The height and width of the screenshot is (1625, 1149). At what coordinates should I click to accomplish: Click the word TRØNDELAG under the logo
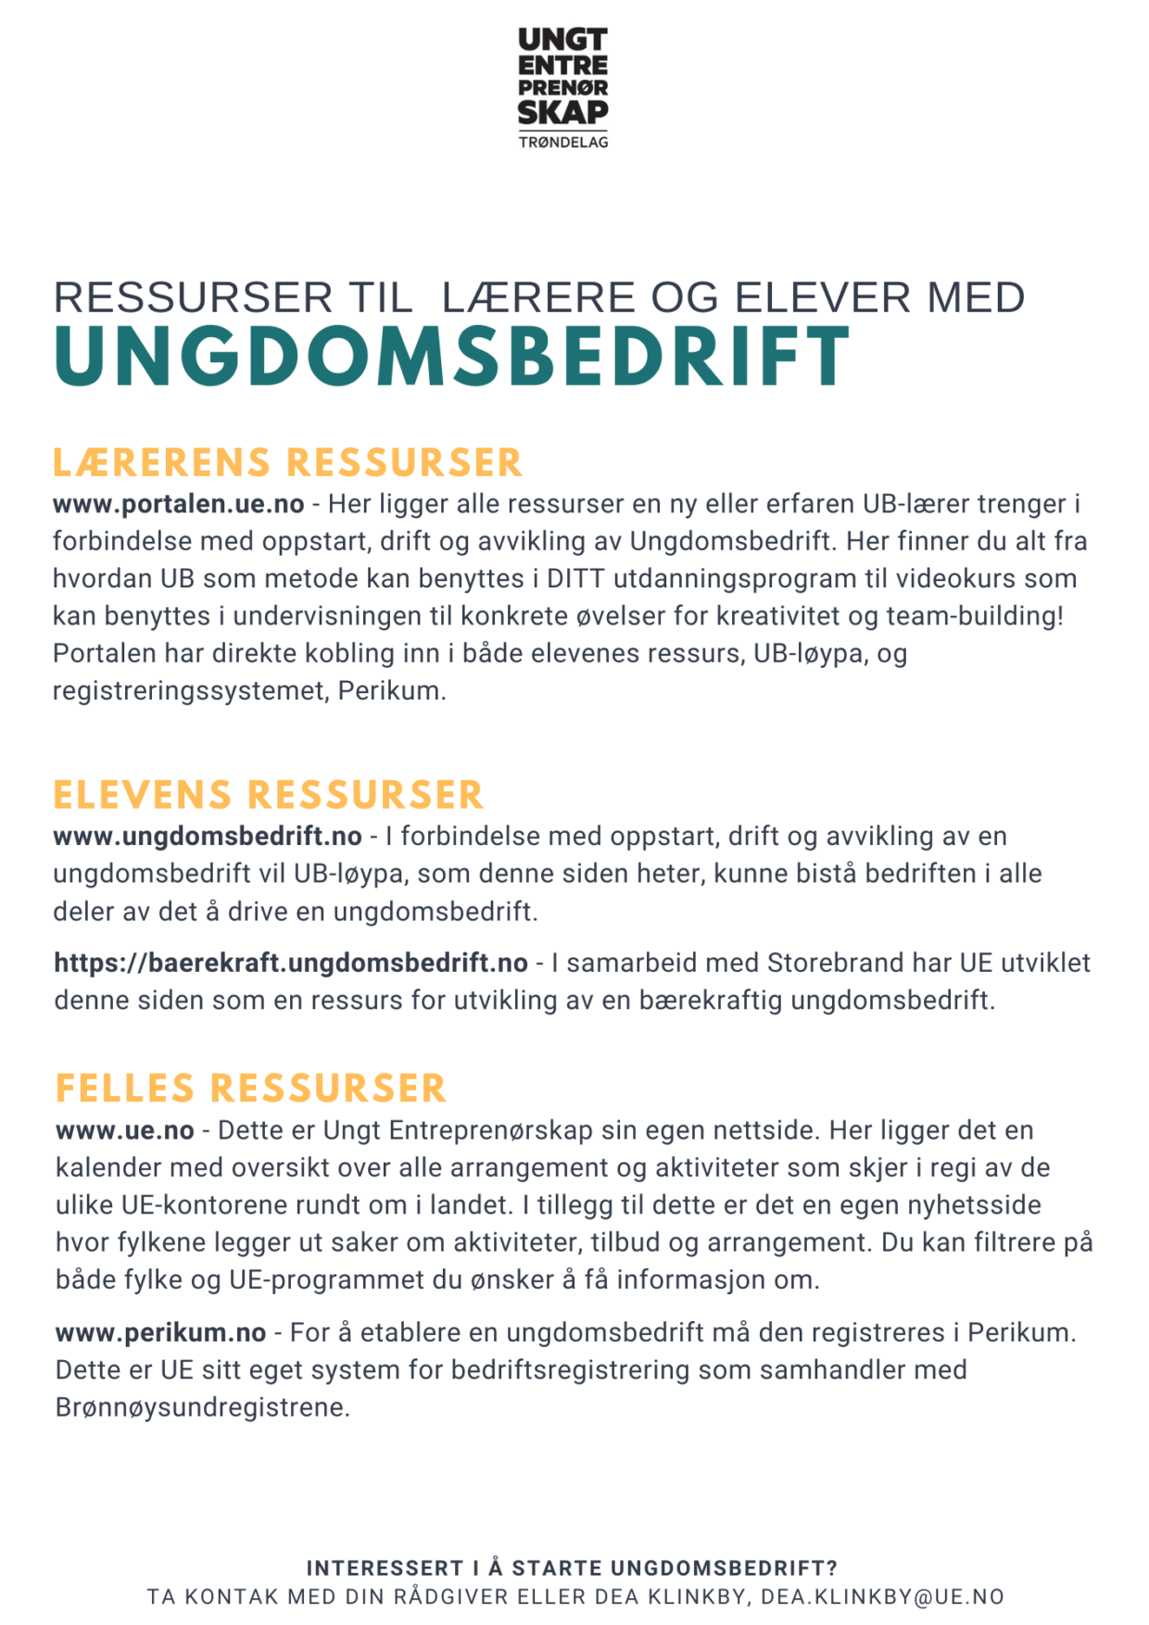563,142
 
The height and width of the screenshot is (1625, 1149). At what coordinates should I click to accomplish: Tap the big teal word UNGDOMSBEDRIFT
451,358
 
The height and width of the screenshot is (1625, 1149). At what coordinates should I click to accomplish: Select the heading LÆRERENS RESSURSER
287,463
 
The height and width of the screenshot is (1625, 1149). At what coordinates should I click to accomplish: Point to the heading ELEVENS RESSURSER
268,796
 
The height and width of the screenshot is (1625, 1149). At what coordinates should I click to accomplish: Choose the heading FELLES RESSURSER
250,1089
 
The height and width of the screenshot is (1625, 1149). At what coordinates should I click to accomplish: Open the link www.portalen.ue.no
178,504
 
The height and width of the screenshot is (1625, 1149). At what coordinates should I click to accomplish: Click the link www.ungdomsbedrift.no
208,837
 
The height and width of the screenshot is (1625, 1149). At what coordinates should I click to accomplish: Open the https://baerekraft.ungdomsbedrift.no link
291,964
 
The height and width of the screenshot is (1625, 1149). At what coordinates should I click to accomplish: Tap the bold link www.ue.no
125,1131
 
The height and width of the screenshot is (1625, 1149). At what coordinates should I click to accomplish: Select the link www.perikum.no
160,1333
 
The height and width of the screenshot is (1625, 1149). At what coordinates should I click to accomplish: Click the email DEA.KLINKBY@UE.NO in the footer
882,1597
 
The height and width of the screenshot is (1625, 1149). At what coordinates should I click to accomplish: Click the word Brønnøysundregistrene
202,1407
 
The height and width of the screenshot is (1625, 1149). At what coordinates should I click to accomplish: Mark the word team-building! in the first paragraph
975,616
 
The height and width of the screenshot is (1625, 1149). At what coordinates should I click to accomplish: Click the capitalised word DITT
575,579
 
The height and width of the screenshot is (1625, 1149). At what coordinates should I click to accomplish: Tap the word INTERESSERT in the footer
385,1568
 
